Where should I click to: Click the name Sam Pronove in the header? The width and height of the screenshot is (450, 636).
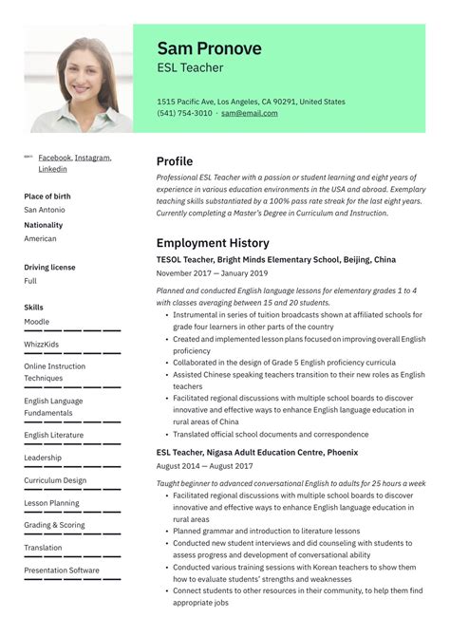point(209,48)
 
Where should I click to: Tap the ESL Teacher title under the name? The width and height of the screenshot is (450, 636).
point(190,68)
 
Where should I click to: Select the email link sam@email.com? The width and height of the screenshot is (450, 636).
point(249,113)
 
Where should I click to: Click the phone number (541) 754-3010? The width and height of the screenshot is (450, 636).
point(184,113)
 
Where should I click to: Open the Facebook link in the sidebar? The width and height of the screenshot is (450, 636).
point(54,158)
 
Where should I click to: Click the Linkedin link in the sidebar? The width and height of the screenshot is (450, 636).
point(52,169)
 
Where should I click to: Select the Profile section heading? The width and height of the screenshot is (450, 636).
point(175,161)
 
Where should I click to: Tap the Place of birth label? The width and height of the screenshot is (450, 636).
point(48,196)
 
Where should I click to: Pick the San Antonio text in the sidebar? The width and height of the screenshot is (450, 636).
point(44,210)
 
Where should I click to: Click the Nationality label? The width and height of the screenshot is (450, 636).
point(44,225)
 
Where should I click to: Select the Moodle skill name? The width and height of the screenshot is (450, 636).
point(37,322)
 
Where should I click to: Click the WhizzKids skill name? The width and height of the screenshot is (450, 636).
point(41,344)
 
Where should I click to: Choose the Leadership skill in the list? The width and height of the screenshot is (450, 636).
point(43,458)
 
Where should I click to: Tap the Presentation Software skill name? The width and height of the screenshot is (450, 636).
point(61,571)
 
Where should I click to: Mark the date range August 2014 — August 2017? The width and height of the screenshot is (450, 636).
point(204,467)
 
